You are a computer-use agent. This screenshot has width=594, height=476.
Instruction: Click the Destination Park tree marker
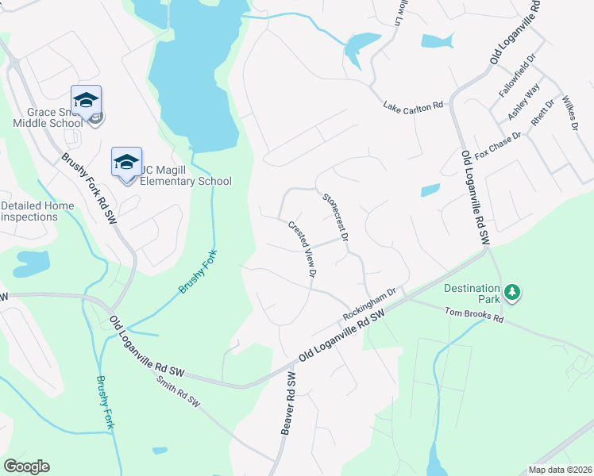pyautogui.click(x=514, y=293)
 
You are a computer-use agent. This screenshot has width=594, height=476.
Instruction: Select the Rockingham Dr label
pyautogui.click(x=369, y=304)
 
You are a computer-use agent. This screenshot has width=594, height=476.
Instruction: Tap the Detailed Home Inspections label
pyautogui.click(x=37, y=211)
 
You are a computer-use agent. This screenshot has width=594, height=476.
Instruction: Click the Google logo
pyautogui.click(x=26, y=466)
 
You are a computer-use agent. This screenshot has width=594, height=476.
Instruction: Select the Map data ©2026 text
pyautogui.click(x=560, y=470)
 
